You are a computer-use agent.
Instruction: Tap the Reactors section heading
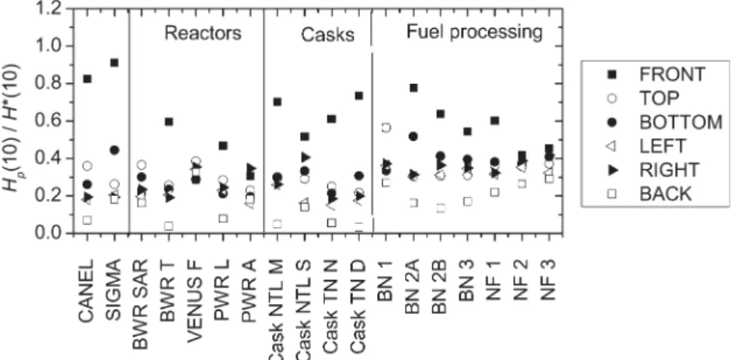203,33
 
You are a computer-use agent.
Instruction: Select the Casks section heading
327,35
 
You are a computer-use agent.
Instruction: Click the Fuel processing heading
474,32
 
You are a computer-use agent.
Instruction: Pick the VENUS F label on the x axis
194,300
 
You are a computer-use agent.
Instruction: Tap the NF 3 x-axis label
548,280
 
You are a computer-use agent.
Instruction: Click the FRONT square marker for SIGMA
114,63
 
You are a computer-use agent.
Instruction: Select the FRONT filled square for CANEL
87,79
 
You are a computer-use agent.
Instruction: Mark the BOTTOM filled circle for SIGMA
114,150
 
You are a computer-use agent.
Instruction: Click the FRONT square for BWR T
169,121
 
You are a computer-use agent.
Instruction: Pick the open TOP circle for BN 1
386,127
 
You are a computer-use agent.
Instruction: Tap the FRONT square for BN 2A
414,88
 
